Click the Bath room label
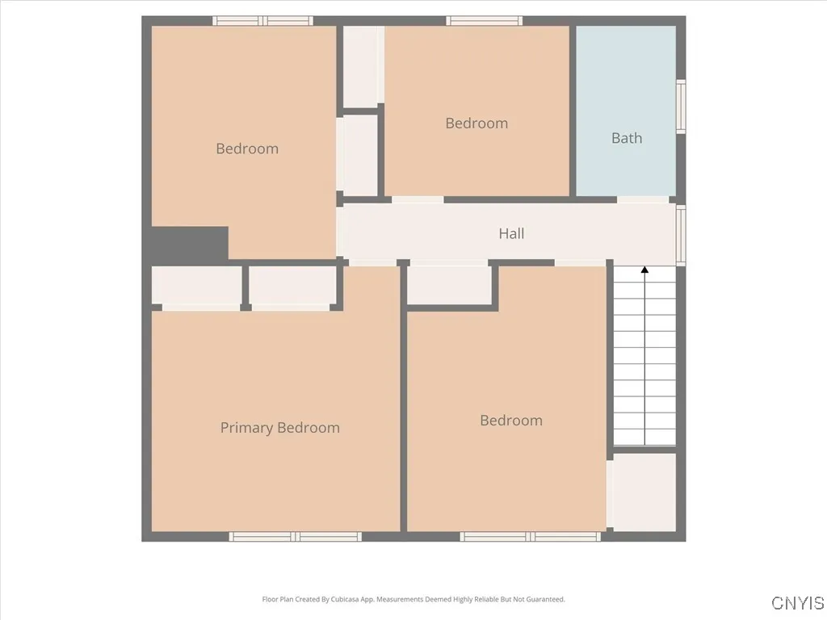point(626,138)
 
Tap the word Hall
point(511,234)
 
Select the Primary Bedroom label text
point(279,428)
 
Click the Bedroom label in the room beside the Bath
point(476,124)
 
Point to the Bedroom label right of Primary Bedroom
point(510,421)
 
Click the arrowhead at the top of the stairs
point(644,270)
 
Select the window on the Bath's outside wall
point(681,107)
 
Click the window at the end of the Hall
point(681,235)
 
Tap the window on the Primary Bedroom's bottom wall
point(296,536)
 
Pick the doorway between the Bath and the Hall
point(643,199)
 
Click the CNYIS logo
point(797,603)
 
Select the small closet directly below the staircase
point(644,492)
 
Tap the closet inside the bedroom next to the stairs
point(450,285)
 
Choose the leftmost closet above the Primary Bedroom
point(197,285)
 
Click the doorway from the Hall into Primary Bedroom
point(372,262)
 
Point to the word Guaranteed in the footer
point(545,600)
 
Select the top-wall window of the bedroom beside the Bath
point(485,21)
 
